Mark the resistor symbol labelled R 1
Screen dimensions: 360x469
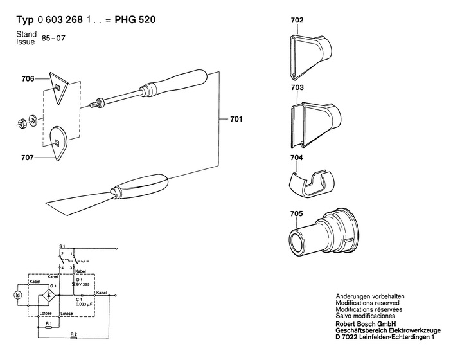[49, 327]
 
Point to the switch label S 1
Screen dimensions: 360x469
[62, 246]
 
